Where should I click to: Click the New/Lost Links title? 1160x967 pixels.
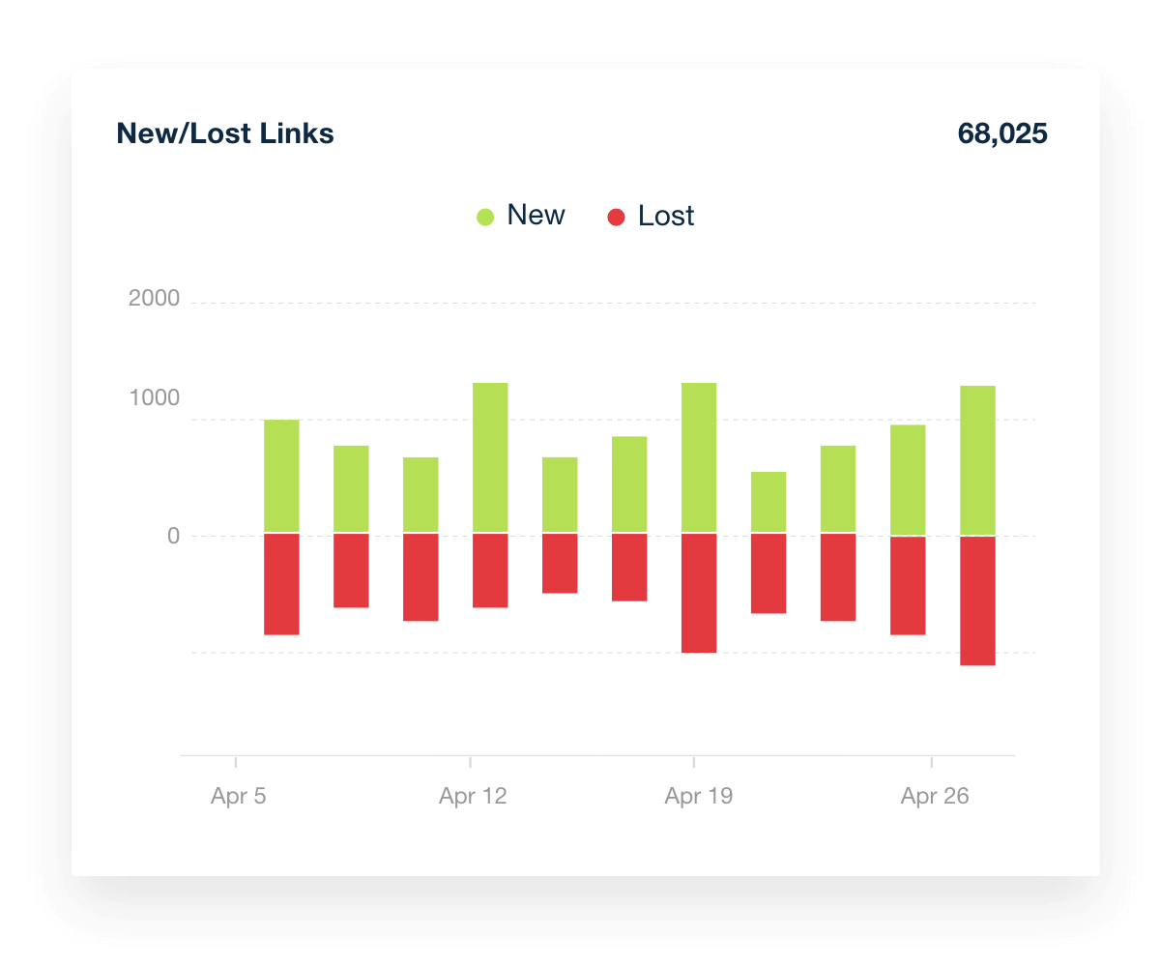pyautogui.click(x=225, y=133)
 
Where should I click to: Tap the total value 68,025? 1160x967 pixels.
pyautogui.click(x=1001, y=133)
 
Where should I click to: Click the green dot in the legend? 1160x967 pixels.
pyautogui.click(x=485, y=217)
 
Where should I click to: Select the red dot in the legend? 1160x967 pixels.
pyautogui.click(x=616, y=217)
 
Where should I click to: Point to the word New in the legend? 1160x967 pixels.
pyautogui.click(x=536, y=216)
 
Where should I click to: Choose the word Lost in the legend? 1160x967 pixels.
pyautogui.click(x=666, y=216)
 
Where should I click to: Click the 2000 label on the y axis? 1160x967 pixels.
pyautogui.click(x=155, y=299)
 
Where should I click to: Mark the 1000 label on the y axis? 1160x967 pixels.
pyautogui.click(x=155, y=398)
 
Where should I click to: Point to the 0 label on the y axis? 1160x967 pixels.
pyautogui.click(x=174, y=536)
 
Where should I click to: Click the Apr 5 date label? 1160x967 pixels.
pyautogui.click(x=239, y=797)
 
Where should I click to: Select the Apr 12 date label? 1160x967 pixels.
pyautogui.click(x=473, y=797)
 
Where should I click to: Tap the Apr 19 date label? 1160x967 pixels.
pyautogui.click(x=699, y=797)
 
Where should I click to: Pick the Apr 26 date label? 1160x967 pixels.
pyautogui.click(x=935, y=797)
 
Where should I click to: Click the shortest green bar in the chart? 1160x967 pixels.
pyautogui.click(x=768, y=502)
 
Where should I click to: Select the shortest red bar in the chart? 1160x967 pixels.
pyautogui.click(x=560, y=563)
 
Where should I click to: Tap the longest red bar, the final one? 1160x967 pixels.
pyautogui.click(x=977, y=601)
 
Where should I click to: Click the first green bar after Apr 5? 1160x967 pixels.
pyautogui.click(x=281, y=476)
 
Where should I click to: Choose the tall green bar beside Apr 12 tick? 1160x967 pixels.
pyautogui.click(x=490, y=457)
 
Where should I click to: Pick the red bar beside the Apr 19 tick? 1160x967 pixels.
pyautogui.click(x=699, y=593)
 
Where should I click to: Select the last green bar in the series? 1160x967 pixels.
pyautogui.click(x=977, y=459)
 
